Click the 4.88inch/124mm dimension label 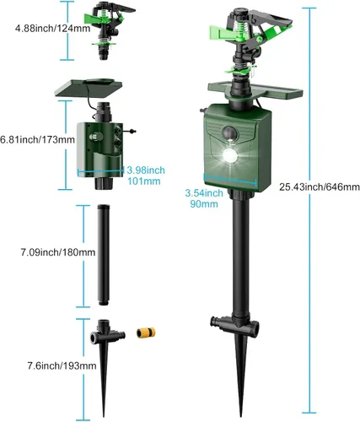pos(53,29)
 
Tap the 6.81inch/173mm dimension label pos(37,139)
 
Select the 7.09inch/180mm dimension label pos(58,252)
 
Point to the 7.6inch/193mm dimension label pos(62,365)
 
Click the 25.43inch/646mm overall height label pos(320,187)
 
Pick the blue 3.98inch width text pos(146,170)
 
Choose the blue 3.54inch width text pos(204,193)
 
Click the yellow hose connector pos(146,333)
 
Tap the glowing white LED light pos(229,155)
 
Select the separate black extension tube pos(104,256)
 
